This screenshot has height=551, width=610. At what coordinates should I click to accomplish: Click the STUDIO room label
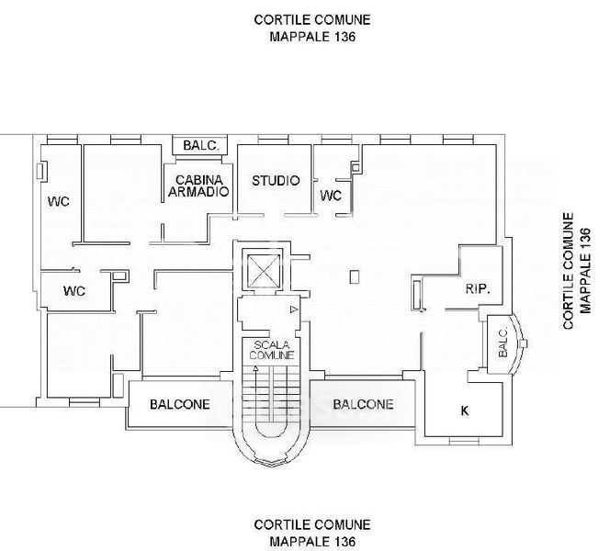276,180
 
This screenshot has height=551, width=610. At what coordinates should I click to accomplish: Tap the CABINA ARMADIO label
198,186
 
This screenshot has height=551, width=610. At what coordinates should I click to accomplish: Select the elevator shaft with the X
264,270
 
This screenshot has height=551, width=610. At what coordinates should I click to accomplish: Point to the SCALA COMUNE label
272,350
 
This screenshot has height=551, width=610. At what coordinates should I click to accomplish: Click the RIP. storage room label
478,288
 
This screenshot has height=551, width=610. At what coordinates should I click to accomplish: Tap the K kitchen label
465,410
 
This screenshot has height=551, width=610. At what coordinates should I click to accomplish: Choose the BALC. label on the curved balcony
503,343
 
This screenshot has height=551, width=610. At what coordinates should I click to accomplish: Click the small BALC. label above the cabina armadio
201,145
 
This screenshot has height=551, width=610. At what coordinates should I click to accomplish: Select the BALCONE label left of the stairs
180,404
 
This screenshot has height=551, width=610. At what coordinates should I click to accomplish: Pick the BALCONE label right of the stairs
364,404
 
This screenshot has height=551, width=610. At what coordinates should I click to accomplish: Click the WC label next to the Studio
331,196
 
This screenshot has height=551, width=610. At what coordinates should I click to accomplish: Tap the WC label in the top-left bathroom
59,201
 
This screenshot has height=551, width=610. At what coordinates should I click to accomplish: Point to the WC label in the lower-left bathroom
74,291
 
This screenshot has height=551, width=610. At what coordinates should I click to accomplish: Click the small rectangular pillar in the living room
354,276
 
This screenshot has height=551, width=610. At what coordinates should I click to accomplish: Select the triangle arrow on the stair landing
294,309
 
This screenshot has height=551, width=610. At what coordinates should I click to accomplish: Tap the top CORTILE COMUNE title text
312,20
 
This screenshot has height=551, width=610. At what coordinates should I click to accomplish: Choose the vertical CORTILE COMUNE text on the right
569,271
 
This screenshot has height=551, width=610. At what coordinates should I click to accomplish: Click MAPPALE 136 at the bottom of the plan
312,541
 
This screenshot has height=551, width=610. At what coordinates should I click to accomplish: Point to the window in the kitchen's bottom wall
464,442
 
